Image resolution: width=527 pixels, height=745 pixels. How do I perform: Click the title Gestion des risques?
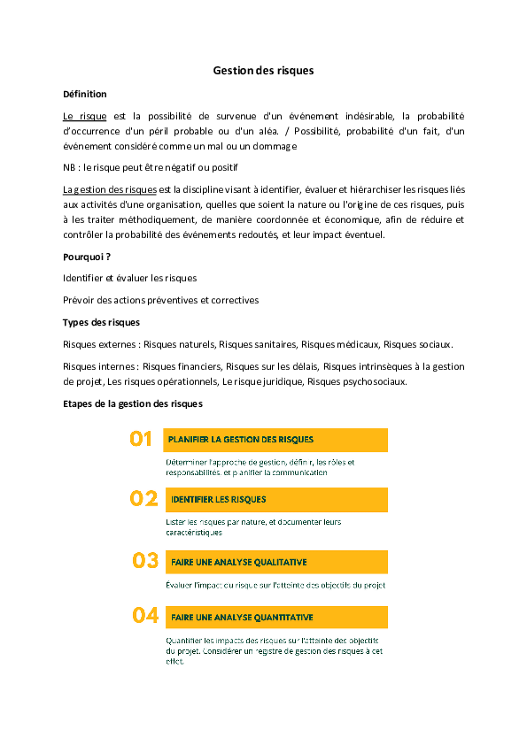263,70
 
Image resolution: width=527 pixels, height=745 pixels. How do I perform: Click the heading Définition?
85,94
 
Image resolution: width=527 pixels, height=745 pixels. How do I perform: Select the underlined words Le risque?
85,116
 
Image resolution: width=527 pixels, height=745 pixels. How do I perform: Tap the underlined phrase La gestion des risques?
110,189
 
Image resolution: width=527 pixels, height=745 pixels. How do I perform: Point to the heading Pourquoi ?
87,257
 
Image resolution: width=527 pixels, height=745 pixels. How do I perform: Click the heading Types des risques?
101,322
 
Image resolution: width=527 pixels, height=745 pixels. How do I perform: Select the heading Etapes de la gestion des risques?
133,403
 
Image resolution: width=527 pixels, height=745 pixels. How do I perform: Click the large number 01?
141,439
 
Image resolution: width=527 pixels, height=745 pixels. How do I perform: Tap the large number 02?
143,499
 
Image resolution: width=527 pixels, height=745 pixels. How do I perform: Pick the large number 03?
145,560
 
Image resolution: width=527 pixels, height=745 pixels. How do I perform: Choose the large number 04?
145,616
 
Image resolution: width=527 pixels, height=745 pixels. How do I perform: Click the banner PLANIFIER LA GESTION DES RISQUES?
276,439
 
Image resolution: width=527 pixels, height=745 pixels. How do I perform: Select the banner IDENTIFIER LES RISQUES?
276,500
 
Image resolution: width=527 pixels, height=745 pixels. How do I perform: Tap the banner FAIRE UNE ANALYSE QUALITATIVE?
276,562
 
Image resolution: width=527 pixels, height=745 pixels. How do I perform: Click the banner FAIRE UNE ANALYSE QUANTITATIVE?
276,618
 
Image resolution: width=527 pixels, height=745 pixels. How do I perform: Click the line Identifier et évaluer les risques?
130,278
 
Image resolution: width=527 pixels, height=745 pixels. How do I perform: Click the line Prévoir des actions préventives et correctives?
161,300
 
